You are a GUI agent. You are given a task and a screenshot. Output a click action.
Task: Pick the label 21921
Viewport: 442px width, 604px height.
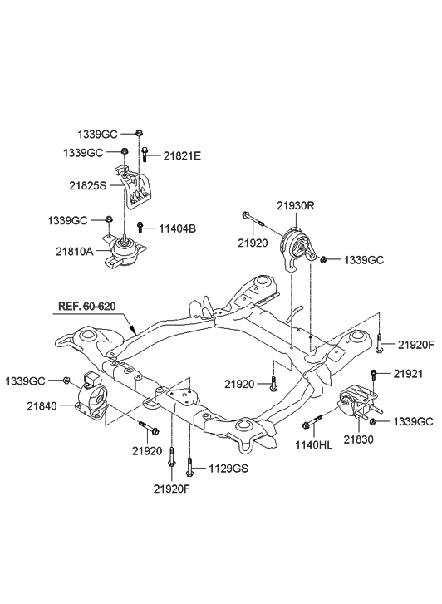(409, 373)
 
